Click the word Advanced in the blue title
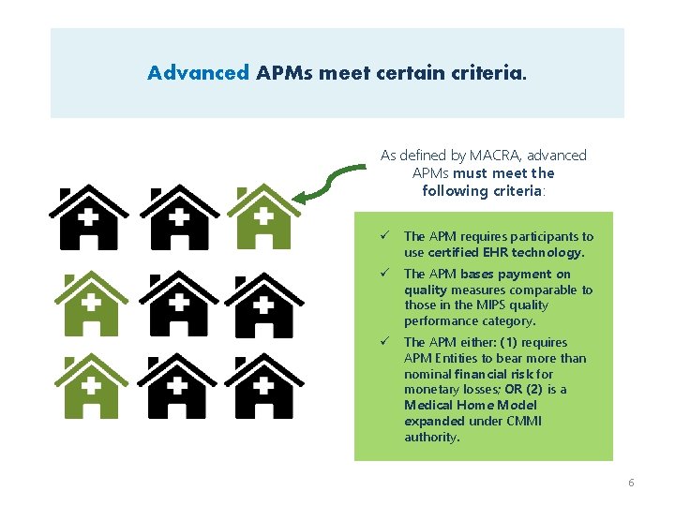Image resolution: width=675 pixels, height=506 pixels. [198, 72]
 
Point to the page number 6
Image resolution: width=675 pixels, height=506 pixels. [631, 483]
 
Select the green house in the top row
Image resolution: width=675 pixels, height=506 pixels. [263, 217]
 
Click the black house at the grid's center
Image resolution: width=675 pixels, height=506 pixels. [176, 304]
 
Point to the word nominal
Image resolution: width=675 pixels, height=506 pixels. [427, 374]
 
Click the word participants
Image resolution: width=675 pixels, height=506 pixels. [532, 237]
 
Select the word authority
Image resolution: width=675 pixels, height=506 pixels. [431, 438]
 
